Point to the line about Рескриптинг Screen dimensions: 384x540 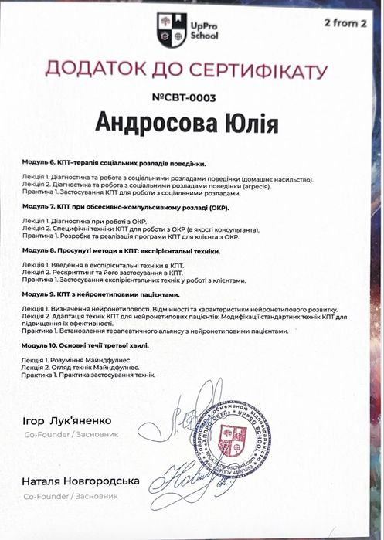pyautogui.click(x=103, y=273)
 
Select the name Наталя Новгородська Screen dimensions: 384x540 pyautogui.click(x=80, y=481)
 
